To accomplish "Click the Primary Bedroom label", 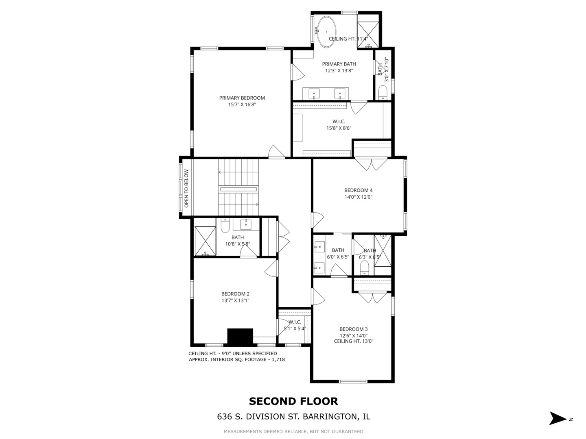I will click(242, 98).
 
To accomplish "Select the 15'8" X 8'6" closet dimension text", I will click(339, 128).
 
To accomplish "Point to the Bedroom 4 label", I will click(358, 190).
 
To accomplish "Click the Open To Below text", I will click(186, 189).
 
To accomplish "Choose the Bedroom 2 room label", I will click(235, 294).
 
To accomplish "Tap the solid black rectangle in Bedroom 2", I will click(240, 336).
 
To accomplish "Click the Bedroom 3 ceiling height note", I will click(354, 341).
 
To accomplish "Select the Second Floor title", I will click(293, 402).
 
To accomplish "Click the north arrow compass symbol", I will click(558, 418).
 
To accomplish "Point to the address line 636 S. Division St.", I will click(293, 417).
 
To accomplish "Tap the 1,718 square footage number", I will click(277, 360).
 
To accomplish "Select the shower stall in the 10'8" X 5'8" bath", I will click(205, 241).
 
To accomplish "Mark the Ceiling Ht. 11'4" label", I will click(348, 39).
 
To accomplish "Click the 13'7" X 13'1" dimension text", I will click(235, 301).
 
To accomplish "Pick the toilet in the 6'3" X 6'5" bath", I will click(364, 267).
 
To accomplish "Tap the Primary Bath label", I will click(339, 64).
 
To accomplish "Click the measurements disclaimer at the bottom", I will click(293, 431).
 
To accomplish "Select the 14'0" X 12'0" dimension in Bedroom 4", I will click(358, 197).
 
